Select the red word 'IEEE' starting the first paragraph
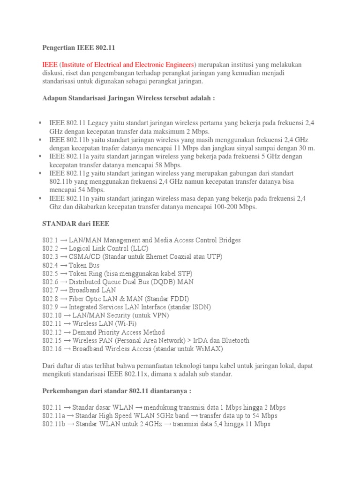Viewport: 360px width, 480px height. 50,64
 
